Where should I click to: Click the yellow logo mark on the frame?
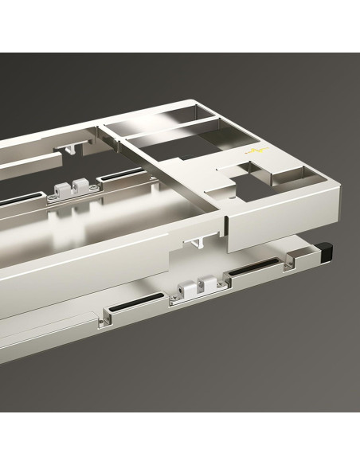point(256,151)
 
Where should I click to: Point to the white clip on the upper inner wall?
point(72,189)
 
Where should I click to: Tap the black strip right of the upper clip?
point(126,174)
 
